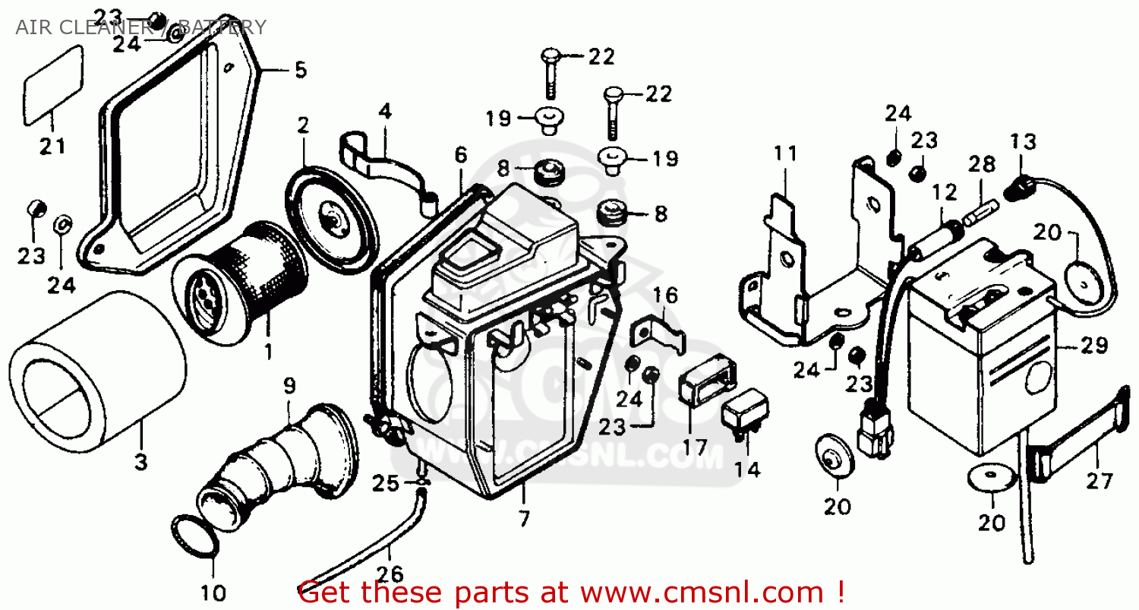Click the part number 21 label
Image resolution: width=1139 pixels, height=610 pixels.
click(x=53, y=146)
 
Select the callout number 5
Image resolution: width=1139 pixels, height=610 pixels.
click(x=301, y=71)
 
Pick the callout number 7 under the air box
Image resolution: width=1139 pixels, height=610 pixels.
click(x=524, y=519)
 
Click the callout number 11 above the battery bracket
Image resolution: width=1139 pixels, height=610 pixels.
click(x=787, y=154)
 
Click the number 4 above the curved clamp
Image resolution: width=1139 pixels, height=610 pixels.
click(x=385, y=112)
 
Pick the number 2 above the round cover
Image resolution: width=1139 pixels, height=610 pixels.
click(x=304, y=125)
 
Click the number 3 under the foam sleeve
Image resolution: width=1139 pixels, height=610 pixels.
click(x=141, y=462)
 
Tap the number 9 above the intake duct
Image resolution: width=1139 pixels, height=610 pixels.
click(x=289, y=386)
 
